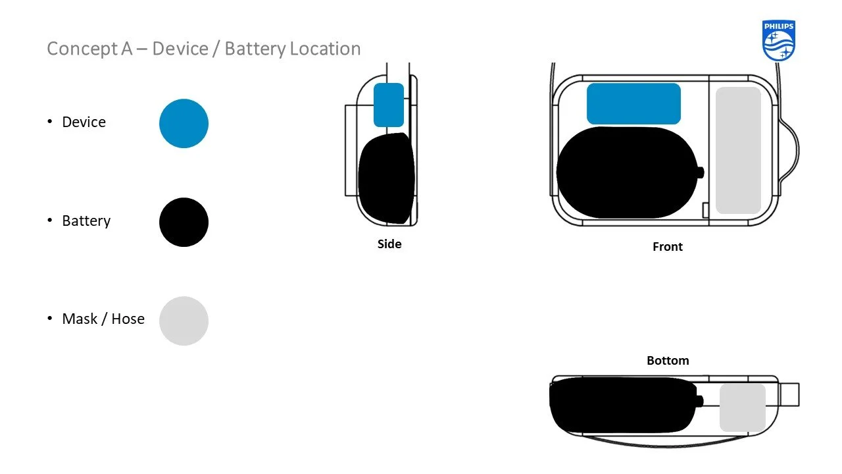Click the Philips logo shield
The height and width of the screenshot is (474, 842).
click(x=779, y=40)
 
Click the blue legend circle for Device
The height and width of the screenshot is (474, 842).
click(x=184, y=123)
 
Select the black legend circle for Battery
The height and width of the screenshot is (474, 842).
click(x=184, y=222)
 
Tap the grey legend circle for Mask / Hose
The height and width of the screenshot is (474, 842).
click(x=184, y=321)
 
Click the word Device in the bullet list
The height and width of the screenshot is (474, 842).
click(x=84, y=122)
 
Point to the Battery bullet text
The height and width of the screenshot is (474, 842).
click(x=86, y=221)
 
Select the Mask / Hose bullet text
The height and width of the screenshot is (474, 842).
click(x=103, y=319)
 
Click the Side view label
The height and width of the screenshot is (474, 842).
click(x=389, y=244)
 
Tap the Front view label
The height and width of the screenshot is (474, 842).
click(x=668, y=246)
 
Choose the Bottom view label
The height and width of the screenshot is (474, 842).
click(x=668, y=360)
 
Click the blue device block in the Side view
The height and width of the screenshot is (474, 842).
click(x=388, y=105)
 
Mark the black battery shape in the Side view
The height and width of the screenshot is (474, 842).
click(x=386, y=178)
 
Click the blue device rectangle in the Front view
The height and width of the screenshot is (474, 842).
click(x=633, y=103)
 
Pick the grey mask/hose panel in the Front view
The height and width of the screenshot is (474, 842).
click(x=738, y=150)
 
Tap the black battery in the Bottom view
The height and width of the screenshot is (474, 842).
click(x=622, y=404)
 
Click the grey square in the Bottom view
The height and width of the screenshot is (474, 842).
click(x=743, y=408)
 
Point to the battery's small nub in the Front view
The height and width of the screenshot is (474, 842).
click(x=701, y=172)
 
